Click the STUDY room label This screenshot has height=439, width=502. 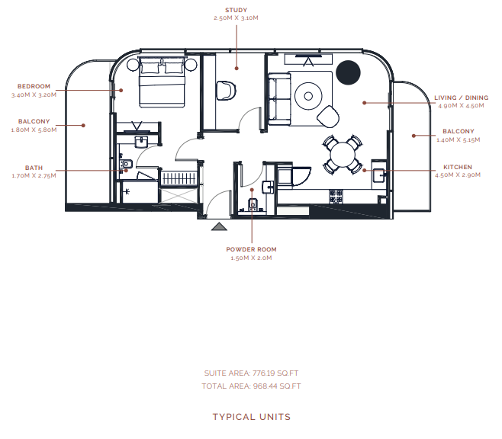coord(236,10)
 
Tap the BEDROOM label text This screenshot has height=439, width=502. coord(34,86)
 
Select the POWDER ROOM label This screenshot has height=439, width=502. coord(251,249)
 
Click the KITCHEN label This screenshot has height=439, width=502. coord(458,167)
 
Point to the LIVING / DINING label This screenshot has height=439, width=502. coord(462,98)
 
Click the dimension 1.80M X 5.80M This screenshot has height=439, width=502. coord(34,130)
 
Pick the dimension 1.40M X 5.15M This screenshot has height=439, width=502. coord(459,139)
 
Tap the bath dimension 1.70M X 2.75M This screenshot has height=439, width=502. coord(34,176)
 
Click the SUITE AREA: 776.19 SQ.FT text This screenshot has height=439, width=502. coord(251,373)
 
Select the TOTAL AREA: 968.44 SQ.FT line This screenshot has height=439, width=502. coord(251,386)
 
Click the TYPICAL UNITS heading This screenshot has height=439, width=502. coord(252,417)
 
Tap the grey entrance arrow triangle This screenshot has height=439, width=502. coord(219,226)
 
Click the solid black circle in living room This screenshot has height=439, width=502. coord(349,72)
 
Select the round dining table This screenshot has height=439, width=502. coord(343,155)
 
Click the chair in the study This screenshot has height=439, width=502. coord(226,91)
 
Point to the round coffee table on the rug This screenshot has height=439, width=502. coord(308,96)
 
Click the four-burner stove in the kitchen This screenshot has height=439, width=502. coord(336,197)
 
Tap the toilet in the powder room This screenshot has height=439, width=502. coord(253,204)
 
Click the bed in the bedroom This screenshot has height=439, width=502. coord(163,82)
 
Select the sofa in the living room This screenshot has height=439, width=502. coord(279,99)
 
